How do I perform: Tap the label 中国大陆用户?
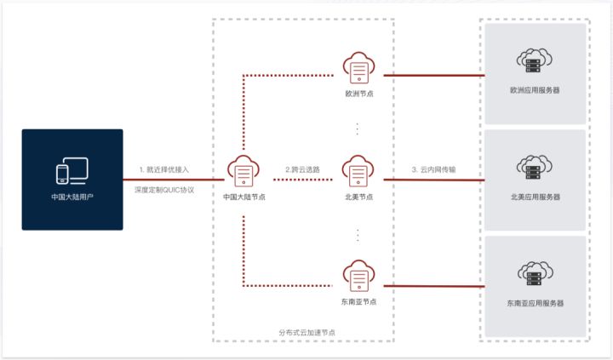(72, 197)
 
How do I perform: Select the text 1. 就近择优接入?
(164, 169)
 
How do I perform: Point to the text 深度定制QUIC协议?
(164, 191)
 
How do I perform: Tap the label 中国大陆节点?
(243, 197)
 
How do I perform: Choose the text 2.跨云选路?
(302, 169)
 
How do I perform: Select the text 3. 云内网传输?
(433, 169)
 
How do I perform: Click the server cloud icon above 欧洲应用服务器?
(535, 61)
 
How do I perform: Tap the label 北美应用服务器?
(535, 197)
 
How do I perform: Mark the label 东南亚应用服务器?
(535, 303)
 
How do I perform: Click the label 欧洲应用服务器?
(535, 89)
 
